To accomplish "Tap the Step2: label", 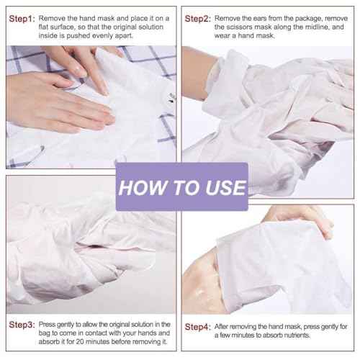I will click(198, 18).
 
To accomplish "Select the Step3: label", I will click(21, 324).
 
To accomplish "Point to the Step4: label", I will click(198, 327).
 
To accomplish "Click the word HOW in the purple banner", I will click(136, 189).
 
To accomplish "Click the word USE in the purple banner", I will click(223, 189).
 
